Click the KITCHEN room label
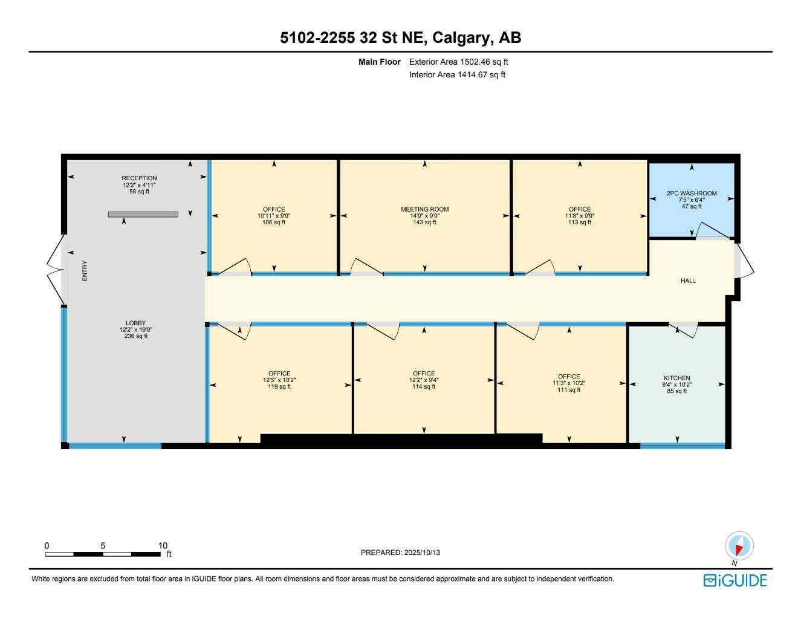tap(676, 378)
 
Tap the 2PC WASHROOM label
tap(692, 193)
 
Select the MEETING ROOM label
tap(424, 209)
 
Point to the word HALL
tap(688, 280)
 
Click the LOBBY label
tap(136, 323)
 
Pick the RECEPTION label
tap(139, 178)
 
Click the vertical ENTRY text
tap(85, 271)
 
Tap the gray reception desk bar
tap(143, 214)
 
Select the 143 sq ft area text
tap(424, 222)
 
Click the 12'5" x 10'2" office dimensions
tap(279, 380)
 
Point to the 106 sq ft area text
tap(274, 222)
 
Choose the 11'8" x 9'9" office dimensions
tap(579, 216)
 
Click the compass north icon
tap(739, 546)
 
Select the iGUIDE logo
tap(735, 580)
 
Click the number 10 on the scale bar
tap(163, 545)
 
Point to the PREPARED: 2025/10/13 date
tap(400, 553)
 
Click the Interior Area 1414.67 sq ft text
tap(457, 75)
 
